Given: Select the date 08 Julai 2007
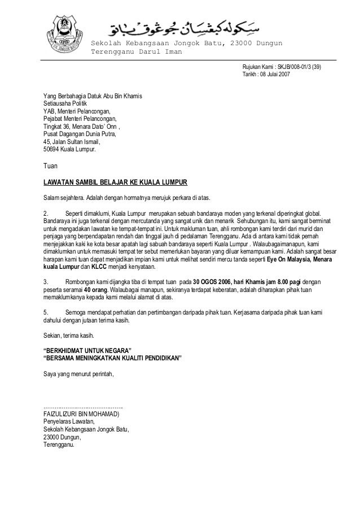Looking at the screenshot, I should pos(275,74).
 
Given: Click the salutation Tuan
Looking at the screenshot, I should pos(50,167).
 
